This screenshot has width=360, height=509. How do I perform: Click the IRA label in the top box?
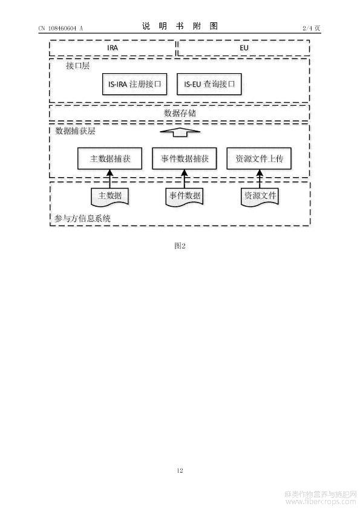click(113, 48)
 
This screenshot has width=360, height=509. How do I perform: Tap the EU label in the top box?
click(244, 48)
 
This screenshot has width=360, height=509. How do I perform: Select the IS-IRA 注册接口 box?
click(134, 84)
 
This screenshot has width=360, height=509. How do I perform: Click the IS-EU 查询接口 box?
click(209, 84)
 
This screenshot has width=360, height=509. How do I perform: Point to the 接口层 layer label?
click(77, 66)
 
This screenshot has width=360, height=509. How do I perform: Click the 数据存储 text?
click(180, 113)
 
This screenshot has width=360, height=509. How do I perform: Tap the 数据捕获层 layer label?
click(75, 131)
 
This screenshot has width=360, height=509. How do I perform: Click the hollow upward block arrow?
click(180, 132)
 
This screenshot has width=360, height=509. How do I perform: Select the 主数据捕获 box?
click(110, 158)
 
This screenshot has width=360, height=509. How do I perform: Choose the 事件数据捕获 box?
click(184, 158)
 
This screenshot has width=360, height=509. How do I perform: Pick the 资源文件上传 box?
click(259, 158)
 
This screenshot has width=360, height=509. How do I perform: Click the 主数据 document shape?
click(110, 196)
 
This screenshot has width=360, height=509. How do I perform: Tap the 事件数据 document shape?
click(185, 196)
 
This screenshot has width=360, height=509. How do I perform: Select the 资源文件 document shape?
click(260, 196)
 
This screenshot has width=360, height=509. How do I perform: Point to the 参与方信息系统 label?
click(82, 218)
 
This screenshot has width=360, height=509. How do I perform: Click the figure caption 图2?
click(180, 246)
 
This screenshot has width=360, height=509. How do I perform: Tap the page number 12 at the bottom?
click(180, 470)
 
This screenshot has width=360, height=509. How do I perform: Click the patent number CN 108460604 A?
click(61, 28)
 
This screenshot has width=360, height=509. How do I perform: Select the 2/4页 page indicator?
click(311, 28)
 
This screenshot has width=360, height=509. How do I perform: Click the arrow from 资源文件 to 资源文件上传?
click(260, 179)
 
